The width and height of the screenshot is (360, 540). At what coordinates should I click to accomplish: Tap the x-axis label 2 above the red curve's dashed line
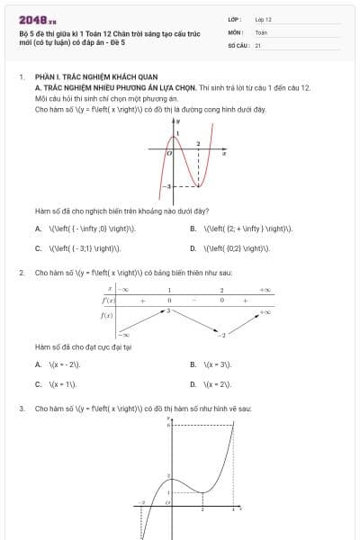[198, 144]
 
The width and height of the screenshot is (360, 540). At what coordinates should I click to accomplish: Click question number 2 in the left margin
[21, 272]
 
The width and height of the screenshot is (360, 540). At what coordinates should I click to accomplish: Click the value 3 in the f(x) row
[167, 310]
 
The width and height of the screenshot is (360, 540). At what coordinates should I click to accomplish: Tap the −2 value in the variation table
[221, 335]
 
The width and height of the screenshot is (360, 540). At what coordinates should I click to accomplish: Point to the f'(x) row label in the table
[108, 301]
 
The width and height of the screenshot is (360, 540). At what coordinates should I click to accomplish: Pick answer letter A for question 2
[38, 364]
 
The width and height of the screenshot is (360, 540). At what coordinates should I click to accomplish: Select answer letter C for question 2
[38, 384]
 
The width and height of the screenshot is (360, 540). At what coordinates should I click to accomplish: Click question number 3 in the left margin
[21, 409]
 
